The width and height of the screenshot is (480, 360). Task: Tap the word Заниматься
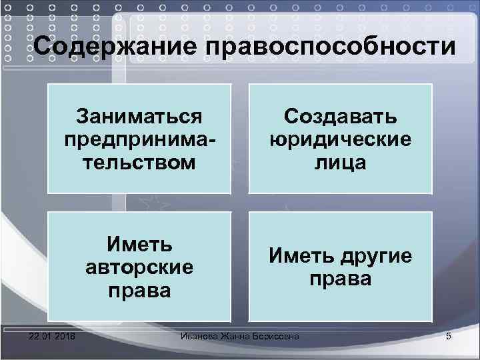click(x=139, y=117)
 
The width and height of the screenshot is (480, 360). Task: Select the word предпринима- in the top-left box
click(x=139, y=139)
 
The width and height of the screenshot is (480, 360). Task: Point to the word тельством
click(x=139, y=161)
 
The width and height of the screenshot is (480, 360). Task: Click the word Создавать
click(x=340, y=117)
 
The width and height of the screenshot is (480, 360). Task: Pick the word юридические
click(x=340, y=139)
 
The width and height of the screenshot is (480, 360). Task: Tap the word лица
click(x=340, y=162)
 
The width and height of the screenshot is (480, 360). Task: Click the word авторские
click(x=139, y=267)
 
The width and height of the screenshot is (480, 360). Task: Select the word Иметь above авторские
click(x=139, y=245)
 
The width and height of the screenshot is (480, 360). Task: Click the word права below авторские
click(x=139, y=290)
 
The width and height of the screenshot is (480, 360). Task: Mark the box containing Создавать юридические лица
click(x=340, y=139)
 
